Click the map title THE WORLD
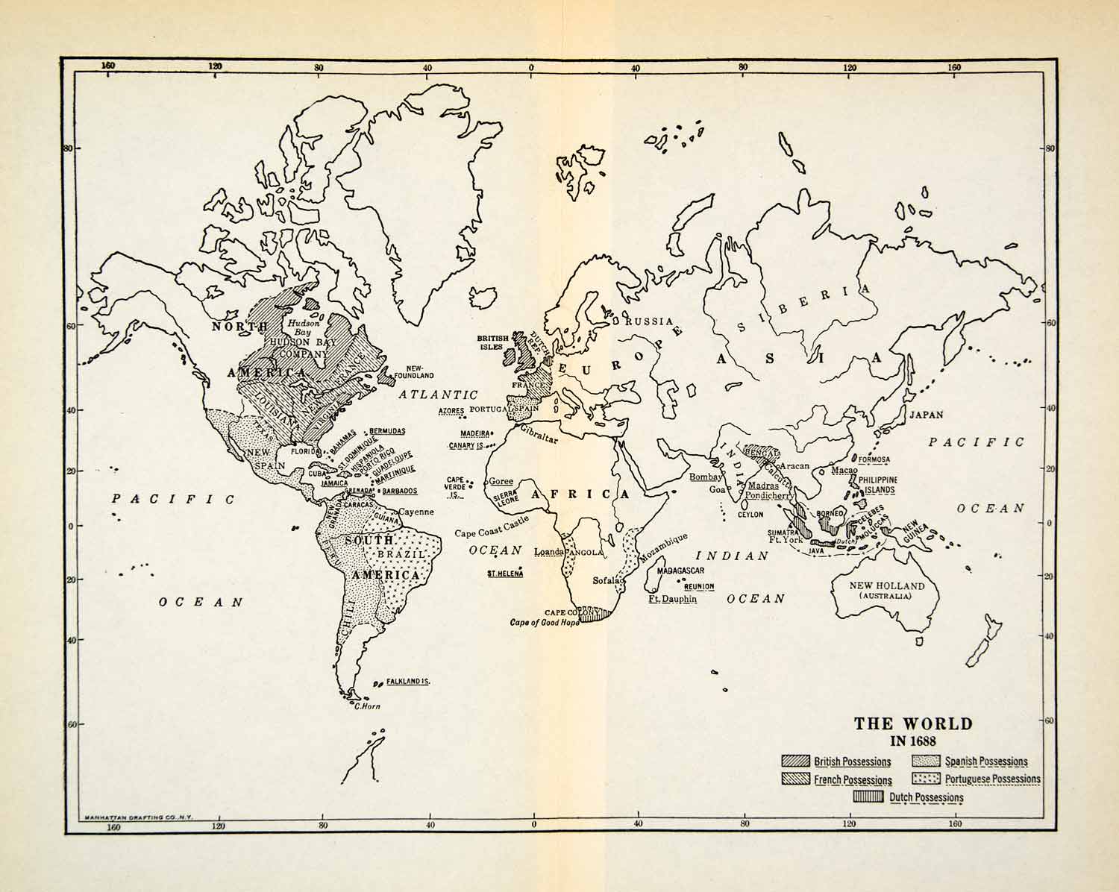point(913,723)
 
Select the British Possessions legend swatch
point(795,761)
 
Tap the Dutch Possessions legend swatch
point(868,797)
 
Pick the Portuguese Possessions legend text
point(992,779)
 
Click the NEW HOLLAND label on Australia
point(886,586)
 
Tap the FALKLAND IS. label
point(407,682)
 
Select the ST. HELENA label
point(504,574)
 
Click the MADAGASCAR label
point(680,570)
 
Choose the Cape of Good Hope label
point(544,623)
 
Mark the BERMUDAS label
point(387,431)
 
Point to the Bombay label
point(706,477)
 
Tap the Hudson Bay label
point(304,328)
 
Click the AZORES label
point(452,411)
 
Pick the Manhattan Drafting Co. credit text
point(140,817)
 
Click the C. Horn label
point(367,706)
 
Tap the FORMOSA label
point(874,459)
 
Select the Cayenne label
point(416,512)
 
